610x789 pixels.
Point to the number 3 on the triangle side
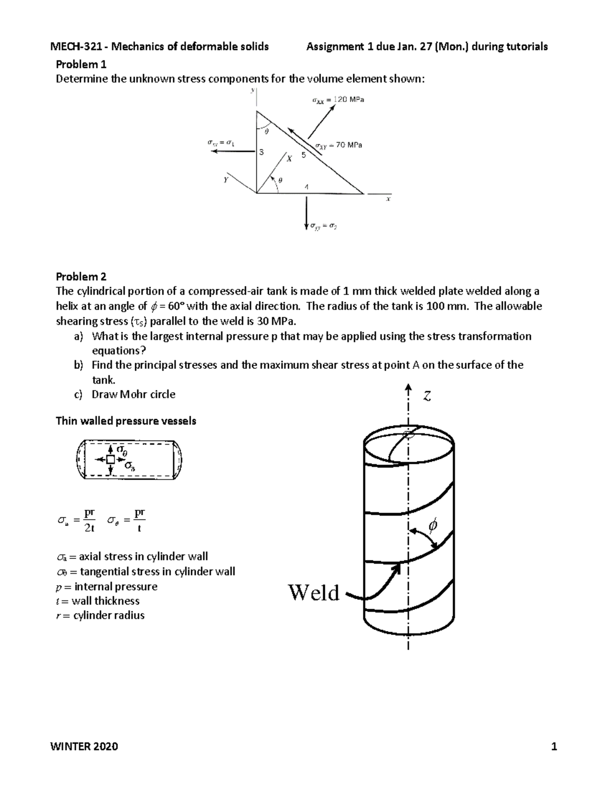click(261, 152)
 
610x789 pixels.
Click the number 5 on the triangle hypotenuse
click(303, 155)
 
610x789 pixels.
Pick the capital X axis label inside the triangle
click(289, 159)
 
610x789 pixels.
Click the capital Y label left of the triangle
click(226, 179)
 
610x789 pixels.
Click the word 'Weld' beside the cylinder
click(314, 592)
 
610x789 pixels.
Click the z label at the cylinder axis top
click(428, 396)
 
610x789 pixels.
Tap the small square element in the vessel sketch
click(110, 459)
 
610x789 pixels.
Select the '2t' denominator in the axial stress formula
click(89, 528)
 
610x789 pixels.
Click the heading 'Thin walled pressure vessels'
click(126, 421)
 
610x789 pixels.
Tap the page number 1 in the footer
click(554, 746)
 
